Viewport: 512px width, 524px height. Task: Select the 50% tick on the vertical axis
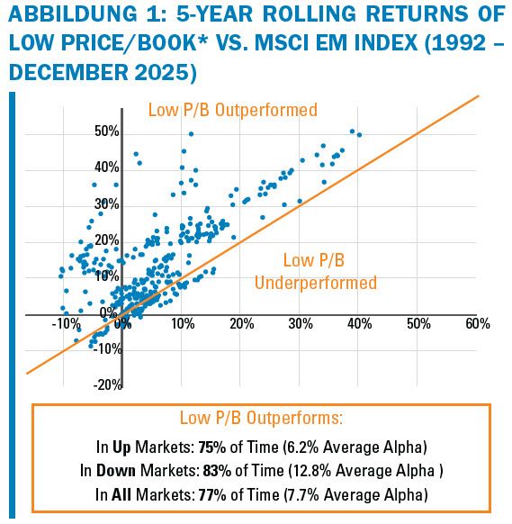click(107, 132)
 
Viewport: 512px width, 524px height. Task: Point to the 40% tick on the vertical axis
click(107, 168)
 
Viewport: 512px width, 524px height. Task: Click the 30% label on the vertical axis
click(107, 204)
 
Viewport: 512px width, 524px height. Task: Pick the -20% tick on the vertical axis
click(107, 384)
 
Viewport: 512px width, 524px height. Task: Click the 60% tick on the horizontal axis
click(477, 323)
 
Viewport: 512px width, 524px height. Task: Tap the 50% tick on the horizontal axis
click(418, 323)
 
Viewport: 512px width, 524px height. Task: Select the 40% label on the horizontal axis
click(358, 323)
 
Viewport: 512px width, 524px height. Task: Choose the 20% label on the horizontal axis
click(240, 323)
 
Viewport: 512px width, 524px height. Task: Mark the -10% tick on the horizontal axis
click(66, 323)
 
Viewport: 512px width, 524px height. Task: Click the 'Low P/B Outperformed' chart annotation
click(232, 110)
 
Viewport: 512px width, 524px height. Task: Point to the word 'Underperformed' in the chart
click(315, 283)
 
